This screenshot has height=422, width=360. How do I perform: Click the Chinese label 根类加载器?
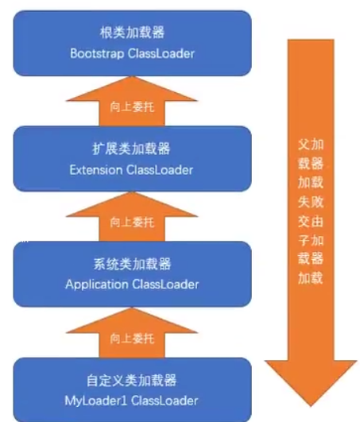pyautogui.click(x=132, y=33)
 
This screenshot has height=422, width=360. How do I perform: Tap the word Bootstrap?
pyautogui.click(x=97, y=53)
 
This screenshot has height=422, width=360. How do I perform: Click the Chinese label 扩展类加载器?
pyautogui.click(x=131, y=149)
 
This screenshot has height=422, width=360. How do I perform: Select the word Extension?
pyautogui.click(x=96, y=170)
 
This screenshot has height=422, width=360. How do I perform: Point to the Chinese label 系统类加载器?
pyautogui.click(x=132, y=264)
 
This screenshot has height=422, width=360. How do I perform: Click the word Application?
pyautogui.click(x=97, y=285)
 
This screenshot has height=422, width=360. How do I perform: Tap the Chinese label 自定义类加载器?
pyautogui.click(x=131, y=381)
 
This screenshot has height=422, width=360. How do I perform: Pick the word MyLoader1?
pyautogui.click(x=95, y=401)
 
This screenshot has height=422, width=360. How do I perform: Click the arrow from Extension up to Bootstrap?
pyautogui.click(x=132, y=102)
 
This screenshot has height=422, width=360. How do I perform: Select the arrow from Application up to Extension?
pyautogui.click(x=132, y=217)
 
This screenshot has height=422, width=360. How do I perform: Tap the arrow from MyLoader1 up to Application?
pyautogui.click(x=132, y=333)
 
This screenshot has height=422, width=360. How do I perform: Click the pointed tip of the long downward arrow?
pyautogui.click(x=311, y=406)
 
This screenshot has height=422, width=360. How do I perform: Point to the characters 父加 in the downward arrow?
pyautogui.click(x=311, y=145)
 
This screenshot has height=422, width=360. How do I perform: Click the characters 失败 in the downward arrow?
pyautogui.click(x=311, y=202)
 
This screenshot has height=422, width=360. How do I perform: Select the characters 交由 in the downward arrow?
pyautogui.click(x=311, y=221)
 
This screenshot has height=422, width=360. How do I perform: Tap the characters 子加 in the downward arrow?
pyautogui.click(x=311, y=240)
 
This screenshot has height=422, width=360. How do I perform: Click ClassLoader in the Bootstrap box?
pyautogui.click(x=161, y=53)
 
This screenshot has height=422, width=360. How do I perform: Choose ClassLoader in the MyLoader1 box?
pyautogui.click(x=165, y=401)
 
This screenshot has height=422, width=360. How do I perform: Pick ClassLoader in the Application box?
pyautogui.click(x=165, y=285)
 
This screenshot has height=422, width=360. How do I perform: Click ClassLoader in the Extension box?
pyautogui.click(x=160, y=170)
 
